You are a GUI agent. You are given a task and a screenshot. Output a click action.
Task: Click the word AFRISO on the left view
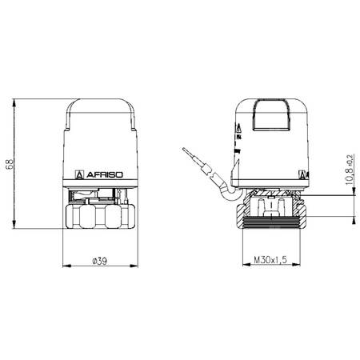[103, 172]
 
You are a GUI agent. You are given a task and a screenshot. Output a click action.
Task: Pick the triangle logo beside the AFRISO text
[79, 172]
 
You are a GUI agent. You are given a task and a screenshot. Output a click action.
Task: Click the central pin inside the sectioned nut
[270, 208]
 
